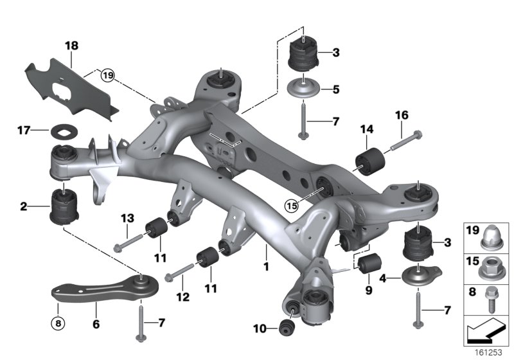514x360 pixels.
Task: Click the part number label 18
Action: [71, 46]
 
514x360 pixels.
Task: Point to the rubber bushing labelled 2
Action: [64, 204]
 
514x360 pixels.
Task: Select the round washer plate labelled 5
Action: [303, 89]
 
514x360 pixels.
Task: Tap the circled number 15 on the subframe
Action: [292, 206]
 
